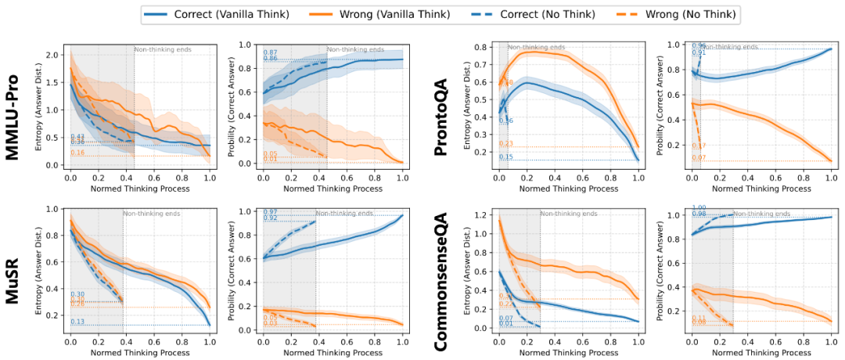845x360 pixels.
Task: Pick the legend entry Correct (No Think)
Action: point(542,13)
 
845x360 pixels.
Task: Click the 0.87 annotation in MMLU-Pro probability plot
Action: point(270,52)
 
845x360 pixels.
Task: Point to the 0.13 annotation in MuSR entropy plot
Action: point(77,322)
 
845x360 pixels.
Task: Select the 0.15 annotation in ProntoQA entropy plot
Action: point(506,157)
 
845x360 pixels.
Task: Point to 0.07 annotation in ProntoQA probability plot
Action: point(699,159)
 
